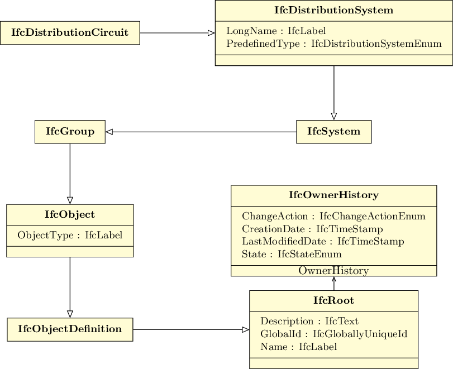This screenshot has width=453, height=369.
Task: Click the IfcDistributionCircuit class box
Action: (x=70, y=33)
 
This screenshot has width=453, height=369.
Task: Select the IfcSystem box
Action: (x=333, y=132)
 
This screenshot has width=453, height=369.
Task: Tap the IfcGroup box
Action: (x=70, y=132)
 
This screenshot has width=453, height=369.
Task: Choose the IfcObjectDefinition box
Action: (x=70, y=329)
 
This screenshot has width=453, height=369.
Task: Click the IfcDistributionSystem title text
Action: (x=333, y=11)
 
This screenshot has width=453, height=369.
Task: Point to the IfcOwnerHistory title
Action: (x=333, y=195)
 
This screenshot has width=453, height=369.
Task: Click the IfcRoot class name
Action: (x=333, y=301)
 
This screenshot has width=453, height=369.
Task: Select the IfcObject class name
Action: (x=70, y=214)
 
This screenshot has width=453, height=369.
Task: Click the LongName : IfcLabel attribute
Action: (x=276, y=31)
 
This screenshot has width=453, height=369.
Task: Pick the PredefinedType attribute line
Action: (x=333, y=44)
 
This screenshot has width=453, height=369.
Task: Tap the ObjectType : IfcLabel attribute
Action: (x=70, y=235)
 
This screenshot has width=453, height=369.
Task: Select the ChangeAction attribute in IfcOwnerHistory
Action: (x=333, y=216)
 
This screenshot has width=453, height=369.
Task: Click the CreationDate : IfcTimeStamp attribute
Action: (x=312, y=229)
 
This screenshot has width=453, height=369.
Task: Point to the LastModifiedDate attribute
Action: (x=323, y=241)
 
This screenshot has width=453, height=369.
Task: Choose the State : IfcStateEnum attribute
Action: (x=292, y=254)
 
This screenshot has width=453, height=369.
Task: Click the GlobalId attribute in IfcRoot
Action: (x=333, y=334)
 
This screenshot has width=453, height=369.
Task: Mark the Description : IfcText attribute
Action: (x=309, y=321)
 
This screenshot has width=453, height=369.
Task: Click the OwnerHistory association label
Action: (x=333, y=271)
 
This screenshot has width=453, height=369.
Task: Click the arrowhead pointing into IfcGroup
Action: (x=109, y=132)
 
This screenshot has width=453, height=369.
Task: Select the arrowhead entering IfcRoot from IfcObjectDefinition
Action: (x=245, y=329)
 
